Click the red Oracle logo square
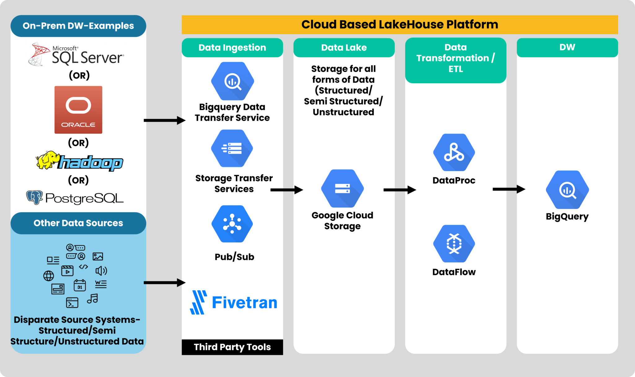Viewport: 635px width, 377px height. (78, 110)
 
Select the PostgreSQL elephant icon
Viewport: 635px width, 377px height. (34, 197)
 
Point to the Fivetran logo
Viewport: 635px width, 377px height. (233, 302)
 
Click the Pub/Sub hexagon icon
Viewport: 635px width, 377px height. (232, 224)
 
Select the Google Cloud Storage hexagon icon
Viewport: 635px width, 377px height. (342, 188)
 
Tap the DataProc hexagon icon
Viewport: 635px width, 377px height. (454, 152)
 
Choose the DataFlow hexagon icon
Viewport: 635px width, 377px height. (454, 243)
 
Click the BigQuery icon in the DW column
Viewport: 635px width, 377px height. (567, 190)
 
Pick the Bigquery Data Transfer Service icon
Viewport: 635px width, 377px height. (233, 81)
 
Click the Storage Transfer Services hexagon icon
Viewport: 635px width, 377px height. (232, 148)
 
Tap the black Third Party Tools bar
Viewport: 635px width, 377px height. (232, 347)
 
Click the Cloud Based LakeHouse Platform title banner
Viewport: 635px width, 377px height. (400, 25)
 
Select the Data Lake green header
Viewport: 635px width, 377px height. (344, 48)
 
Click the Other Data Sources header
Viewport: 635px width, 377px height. (78, 223)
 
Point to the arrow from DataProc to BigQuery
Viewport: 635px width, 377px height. (508, 189)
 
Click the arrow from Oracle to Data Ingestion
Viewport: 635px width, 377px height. (164, 120)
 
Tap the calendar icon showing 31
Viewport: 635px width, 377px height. (80, 285)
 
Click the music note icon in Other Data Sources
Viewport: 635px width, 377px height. (92, 299)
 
